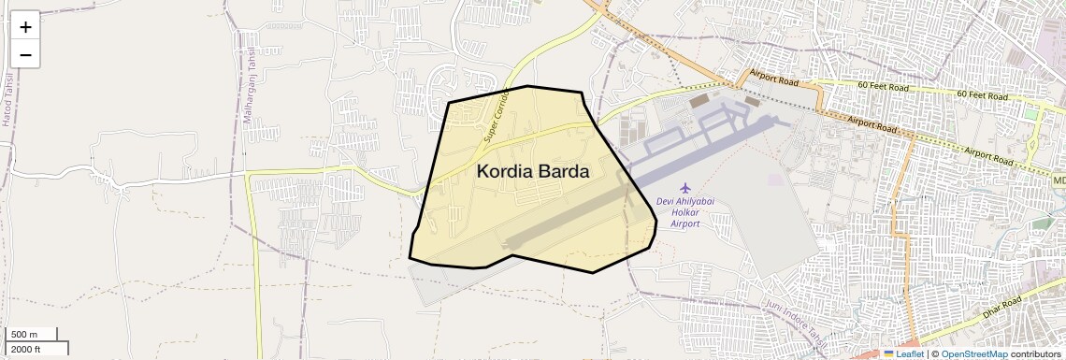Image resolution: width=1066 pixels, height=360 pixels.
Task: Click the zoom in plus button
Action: tap(25, 27)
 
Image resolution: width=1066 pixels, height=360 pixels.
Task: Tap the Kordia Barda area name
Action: tap(533, 172)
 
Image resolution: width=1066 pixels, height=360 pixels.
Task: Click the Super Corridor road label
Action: tap(496, 116)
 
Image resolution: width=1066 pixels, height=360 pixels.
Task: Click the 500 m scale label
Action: tap(24, 335)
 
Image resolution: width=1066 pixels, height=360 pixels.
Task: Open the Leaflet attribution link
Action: tap(910, 354)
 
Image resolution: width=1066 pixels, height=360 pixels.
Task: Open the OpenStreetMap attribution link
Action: tap(974, 354)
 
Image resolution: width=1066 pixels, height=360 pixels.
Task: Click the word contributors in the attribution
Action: tap(1037, 354)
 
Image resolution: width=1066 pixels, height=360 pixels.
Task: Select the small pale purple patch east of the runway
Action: tap(774, 178)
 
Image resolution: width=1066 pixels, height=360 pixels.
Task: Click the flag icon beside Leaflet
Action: tap(888, 354)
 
